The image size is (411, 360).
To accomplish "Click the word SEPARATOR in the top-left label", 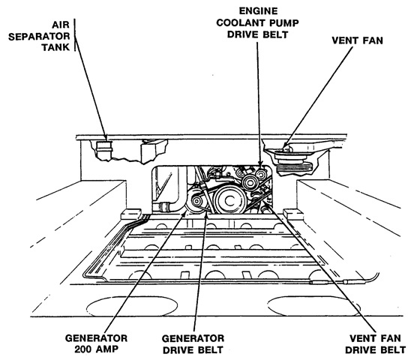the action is point(39,36).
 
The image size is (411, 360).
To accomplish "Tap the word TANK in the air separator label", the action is point(55,47).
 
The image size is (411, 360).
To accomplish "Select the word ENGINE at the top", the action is point(258,11).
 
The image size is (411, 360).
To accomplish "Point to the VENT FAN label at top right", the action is point(357,40).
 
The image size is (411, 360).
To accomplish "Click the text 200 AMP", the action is point(96,349).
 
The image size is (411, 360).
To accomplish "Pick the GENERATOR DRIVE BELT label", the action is point(193,343).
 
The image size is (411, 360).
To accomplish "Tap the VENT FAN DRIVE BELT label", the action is point(375,343).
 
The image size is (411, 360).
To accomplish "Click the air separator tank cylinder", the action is point(104,150).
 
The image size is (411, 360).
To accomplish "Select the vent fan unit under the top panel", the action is point(291,160).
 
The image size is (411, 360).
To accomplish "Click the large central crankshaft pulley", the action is point(230,200).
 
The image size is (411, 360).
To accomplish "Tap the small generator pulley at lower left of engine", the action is point(196,201).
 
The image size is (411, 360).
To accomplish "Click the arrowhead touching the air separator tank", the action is point(106,138).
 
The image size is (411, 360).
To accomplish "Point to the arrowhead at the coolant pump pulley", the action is point(260,166).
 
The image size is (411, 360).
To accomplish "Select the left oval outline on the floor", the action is point(132,306).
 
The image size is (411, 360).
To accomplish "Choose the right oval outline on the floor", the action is point(313,306).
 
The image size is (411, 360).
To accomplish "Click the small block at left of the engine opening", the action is point(131,214).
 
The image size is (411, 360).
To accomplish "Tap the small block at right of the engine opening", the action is point(293,214).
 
